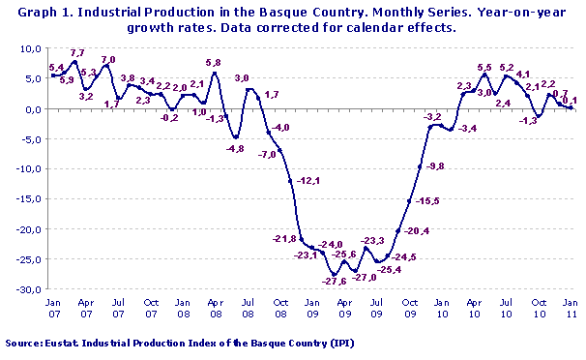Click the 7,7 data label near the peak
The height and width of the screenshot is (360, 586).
click(78, 54)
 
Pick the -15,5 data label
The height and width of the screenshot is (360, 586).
click(426, 200)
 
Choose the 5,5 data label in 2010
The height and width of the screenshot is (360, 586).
click(485, 67)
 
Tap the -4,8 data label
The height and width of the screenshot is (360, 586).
click(235, 149)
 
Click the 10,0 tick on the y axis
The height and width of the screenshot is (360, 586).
click(32, 48)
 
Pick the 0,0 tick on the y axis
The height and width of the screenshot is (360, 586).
click(34, 108)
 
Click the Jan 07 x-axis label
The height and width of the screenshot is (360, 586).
click(53, 307)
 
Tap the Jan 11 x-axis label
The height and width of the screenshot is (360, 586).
click(571, 307)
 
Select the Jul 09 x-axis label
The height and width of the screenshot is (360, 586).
click(377, 307)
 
